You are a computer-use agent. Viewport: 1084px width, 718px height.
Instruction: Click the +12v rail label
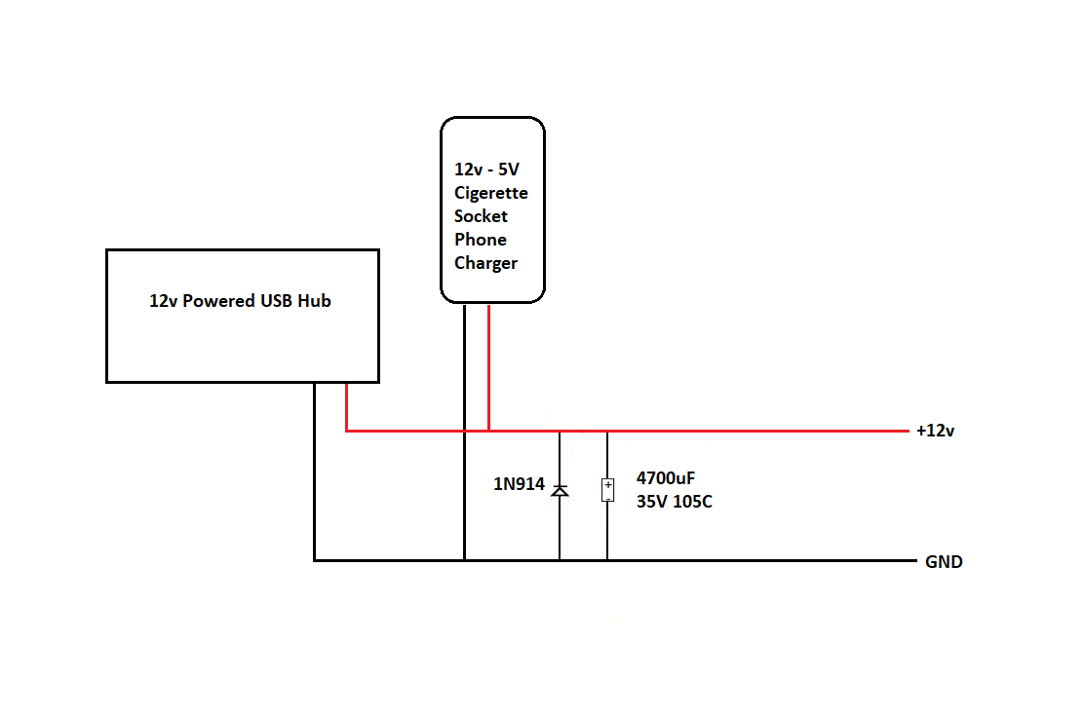[x=936, y=431]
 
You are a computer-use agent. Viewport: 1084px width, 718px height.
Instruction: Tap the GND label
[x=944, y=562]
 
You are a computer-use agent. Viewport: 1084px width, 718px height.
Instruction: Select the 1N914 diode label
[x=519, y=484]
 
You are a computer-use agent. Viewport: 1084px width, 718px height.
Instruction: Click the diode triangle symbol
[x=560, y=491]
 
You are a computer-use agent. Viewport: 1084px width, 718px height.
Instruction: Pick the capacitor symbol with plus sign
[x=607, y=490]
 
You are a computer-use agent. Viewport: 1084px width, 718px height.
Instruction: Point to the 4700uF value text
[x=666, y=478]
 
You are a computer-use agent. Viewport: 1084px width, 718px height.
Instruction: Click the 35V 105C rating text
[x=674, y=502]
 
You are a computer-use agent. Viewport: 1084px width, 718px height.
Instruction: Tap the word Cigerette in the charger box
[x=491, y=194]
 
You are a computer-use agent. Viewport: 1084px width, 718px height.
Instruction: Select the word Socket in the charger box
[x=481, y=216]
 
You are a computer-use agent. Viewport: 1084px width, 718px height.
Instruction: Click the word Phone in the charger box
[x=481, y=240]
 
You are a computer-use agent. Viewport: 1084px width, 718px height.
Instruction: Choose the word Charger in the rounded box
[x=485, y=264]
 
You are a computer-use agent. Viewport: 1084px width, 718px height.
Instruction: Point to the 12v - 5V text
[x=486, y=170]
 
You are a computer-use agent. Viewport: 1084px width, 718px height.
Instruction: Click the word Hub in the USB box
[x=314, y=301]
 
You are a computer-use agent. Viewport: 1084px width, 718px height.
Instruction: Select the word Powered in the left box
[x=218, y=301]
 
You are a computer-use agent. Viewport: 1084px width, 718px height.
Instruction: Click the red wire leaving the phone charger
[x=488, y=367]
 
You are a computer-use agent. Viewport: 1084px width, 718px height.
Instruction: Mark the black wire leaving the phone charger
[x=465, y=433]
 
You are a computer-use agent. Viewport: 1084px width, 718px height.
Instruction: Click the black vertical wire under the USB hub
[x=315, y=472]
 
